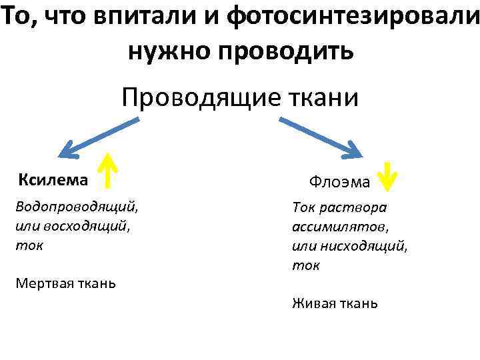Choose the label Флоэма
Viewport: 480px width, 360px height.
click(x=339, y=181)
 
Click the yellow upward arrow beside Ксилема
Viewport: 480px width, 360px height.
click(x=107, y=171)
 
